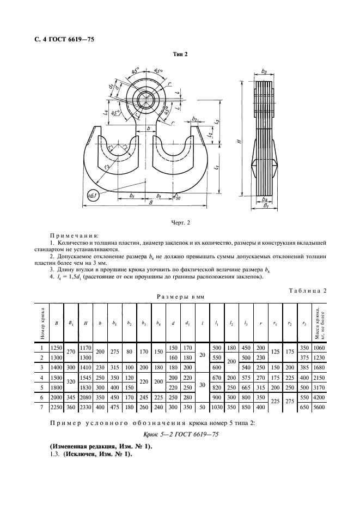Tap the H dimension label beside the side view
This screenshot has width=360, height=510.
(238, 141)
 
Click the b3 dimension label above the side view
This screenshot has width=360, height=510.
(264, 71)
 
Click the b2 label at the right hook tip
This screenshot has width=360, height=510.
(194, 118)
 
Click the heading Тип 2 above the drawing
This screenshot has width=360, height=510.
(180, 54)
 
